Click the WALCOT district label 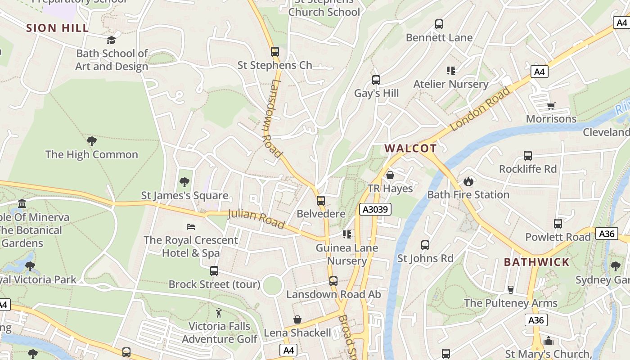coord(410,148)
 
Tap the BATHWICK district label coord(536,262)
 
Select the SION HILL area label coord(57,28)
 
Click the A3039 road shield coord(375,209)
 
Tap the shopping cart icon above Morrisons coord(551,106)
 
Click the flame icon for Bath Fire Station coord(468,182)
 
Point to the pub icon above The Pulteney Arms coord(510,289)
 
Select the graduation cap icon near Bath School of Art coord(111,40)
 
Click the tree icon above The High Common coord(91,141)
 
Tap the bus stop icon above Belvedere coord(321,201)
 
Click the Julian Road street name coord(256,219)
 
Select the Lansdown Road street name coord(272,118)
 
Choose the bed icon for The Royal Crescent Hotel coord(191,227)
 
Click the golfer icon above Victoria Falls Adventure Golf coord(219,313)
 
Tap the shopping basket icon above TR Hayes coord(390,175)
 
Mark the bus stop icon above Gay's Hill coord(376,80)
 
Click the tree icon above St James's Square coord(184,182)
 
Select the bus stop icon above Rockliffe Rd coord(528,156)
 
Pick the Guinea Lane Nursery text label coord(346,254)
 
